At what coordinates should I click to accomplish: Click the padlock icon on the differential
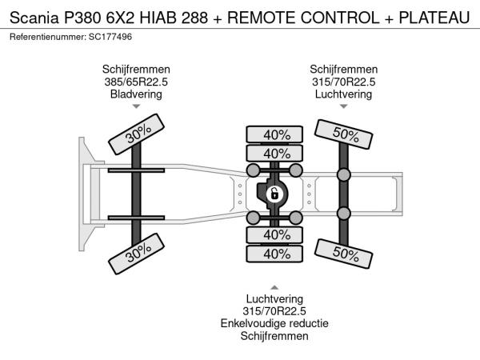tap(274, 194)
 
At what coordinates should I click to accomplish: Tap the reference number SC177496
tap(110, 37)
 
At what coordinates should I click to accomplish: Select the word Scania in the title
tap(34, 18)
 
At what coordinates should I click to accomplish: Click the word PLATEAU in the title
tap(434, 18)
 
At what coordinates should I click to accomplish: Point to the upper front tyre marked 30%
tap(136, 134)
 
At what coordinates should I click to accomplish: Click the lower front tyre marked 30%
tap(136, 254)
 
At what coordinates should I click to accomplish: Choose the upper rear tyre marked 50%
tap(343, 134)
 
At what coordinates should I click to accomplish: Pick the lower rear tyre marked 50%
tap(343, 254)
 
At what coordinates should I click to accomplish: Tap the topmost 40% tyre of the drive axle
tap(274, 134)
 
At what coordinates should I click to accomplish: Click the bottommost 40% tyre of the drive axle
tap(274, 254)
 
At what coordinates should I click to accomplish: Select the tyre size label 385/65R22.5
tap(136, 82)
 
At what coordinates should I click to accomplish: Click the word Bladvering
tap(136, 94)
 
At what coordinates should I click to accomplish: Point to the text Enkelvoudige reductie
tap(274, 323)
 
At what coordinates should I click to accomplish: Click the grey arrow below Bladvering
tap(136, 106)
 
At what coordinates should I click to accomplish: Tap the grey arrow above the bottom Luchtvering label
tap(274, 287)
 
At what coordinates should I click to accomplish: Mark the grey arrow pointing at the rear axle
tap(344, 106)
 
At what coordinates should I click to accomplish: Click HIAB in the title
tap(158, 18)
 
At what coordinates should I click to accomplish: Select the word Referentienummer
tap(47, 37)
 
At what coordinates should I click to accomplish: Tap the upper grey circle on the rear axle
tap(344, 174)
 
